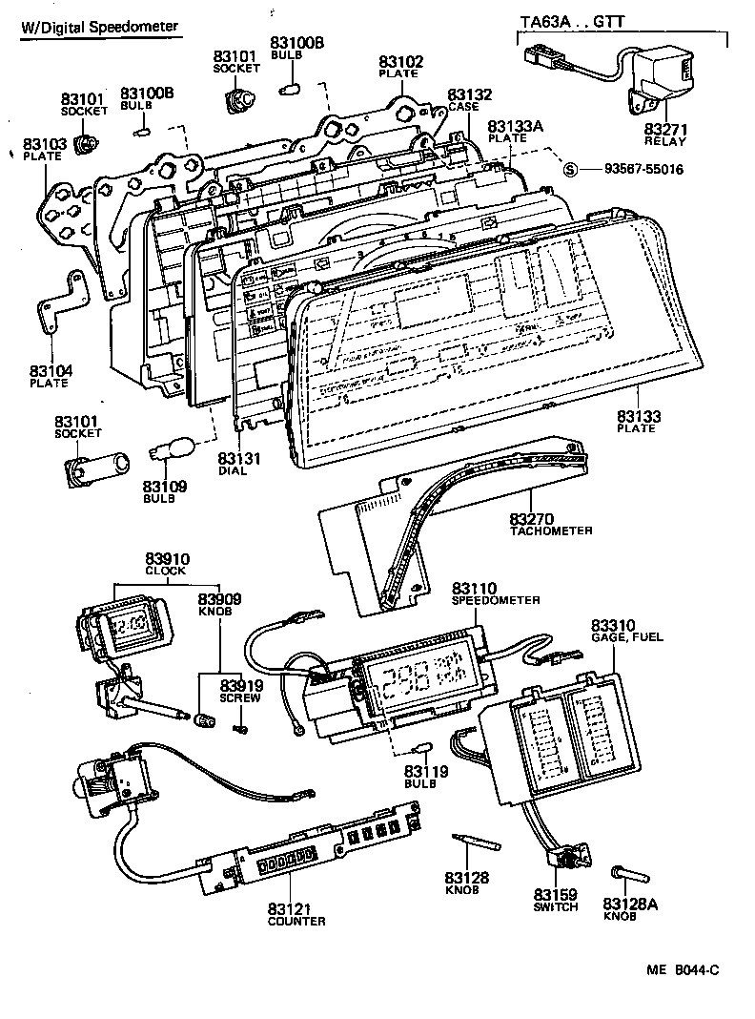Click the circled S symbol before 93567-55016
pos(570,169)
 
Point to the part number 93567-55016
pos(643,169)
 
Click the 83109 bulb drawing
pos(173,448)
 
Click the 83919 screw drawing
pos(239,729)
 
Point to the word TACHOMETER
pos(551,530)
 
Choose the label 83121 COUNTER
pos(296,914)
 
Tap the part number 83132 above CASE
pos(470,94)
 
